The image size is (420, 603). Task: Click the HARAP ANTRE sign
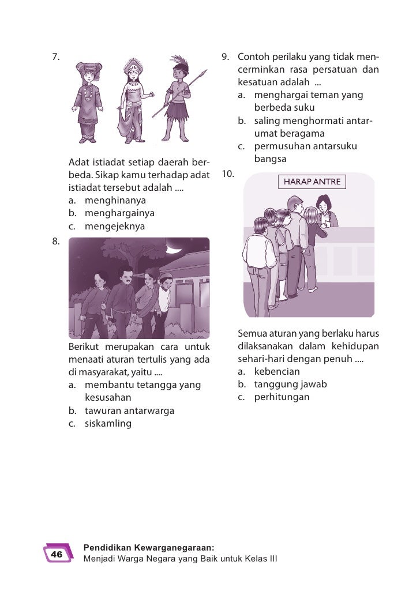click(x=312, y=182)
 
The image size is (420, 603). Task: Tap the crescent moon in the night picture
click(x=172, y=249)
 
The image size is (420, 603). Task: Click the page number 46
click(x=57, y=555)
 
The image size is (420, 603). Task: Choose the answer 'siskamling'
click(x=108, y=424)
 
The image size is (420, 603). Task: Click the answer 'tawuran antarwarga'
click(x=129, y=411)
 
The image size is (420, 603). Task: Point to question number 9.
click(x=226, y=57)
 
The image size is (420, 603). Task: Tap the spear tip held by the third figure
click(x=202, y=73)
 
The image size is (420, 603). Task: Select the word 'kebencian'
click(x=277, y=371)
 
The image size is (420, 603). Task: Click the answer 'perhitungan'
click(x=282, y=397)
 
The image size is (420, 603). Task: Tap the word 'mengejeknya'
click(x=115, y=227)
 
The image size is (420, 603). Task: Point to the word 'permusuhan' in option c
click(x=281, y=146)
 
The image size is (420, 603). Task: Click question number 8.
click(x=56, y=242)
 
